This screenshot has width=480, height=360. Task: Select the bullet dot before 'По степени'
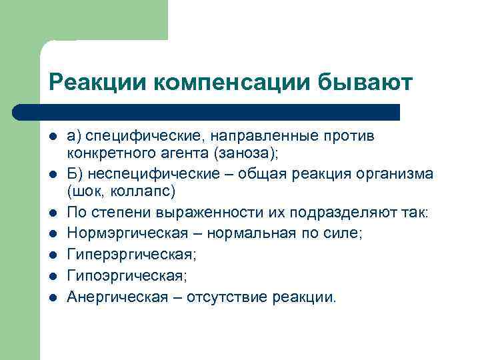[x=53, y=213]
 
